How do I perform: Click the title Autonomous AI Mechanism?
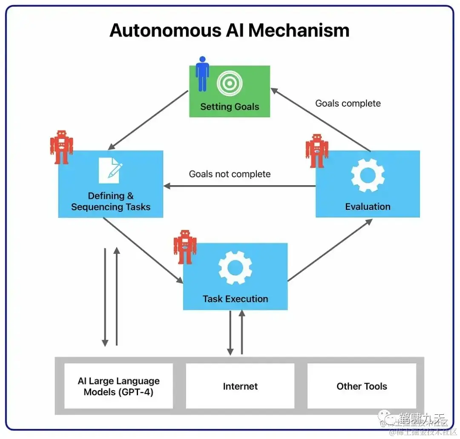click(230, 31)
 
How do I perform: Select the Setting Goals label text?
click(230, 106)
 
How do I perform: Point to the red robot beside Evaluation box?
click(317, 151)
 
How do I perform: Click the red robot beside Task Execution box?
click(185, 247)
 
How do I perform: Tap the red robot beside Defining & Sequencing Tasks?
click(61, 147)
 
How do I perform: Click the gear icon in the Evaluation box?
click(368, 175)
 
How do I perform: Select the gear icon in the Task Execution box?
click(235, 267)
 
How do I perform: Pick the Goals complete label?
click(348, 103)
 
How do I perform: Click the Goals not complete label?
click(230, 174)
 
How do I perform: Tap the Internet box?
click(240, 386)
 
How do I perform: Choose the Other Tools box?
click(362, 386)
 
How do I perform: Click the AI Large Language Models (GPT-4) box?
click(118, 386)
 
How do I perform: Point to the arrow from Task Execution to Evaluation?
click(330, 250)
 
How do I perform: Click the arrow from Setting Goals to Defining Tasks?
click(148, 120)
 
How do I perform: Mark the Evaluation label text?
click(368, 207)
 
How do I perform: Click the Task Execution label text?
click(235, 299)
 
